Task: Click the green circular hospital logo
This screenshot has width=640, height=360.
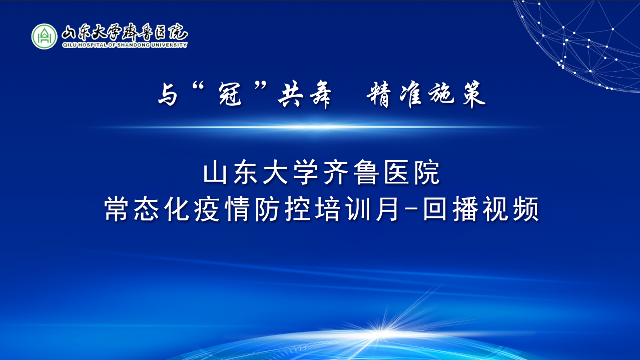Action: coord(44,36)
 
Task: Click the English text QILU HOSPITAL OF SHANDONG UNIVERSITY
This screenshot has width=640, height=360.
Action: coord(124,45)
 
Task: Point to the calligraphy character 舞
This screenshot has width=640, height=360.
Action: coord(319,95)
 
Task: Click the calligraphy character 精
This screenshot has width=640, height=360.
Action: coord(378,95)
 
